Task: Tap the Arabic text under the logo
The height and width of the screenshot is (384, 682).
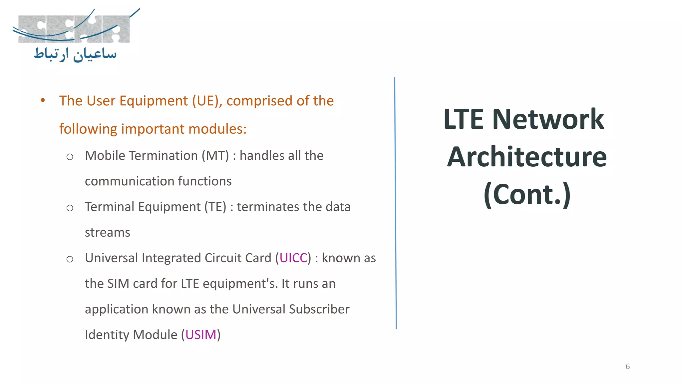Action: [75, 55]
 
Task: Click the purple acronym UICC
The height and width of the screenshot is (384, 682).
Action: [293, 258]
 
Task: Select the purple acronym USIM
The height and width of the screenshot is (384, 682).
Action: [201, 335]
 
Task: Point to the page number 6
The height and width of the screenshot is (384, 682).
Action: [628, 367]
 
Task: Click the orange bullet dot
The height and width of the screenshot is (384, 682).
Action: [43, 100]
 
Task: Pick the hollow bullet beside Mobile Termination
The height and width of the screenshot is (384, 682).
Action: [70, 157]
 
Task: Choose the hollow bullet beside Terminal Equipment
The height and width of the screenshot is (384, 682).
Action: [70, 208]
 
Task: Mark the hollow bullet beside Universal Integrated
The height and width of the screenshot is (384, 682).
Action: [70, 259]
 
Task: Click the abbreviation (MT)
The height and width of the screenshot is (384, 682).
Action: [215, 156]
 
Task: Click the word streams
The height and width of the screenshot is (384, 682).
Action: [107, 233]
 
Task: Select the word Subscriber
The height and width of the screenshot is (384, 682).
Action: [319, 309]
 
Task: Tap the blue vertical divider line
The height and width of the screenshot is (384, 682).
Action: [395, 203]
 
